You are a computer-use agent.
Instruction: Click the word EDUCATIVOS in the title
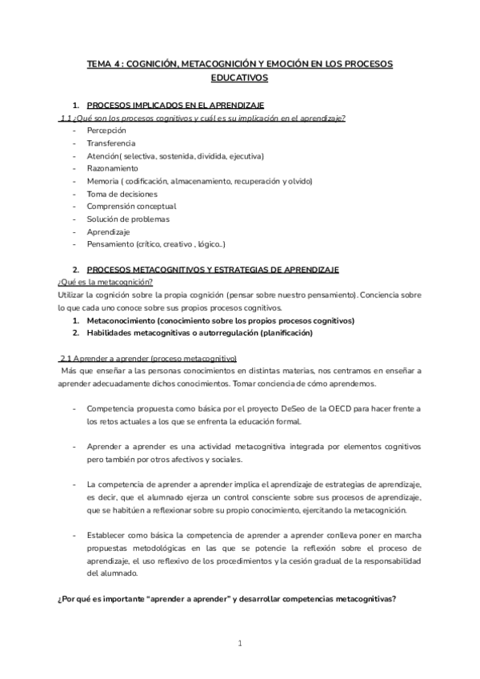tap(240, 78)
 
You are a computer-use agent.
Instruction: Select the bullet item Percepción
tap(106, 130)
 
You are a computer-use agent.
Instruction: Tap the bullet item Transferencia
tap(111, 143)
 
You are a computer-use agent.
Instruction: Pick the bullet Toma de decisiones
tap(122, 194)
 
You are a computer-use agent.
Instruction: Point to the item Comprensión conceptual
tap(131, 207)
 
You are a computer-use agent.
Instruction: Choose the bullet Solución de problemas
tap(127, 219)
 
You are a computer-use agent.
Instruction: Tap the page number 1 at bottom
tap(240, 643)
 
